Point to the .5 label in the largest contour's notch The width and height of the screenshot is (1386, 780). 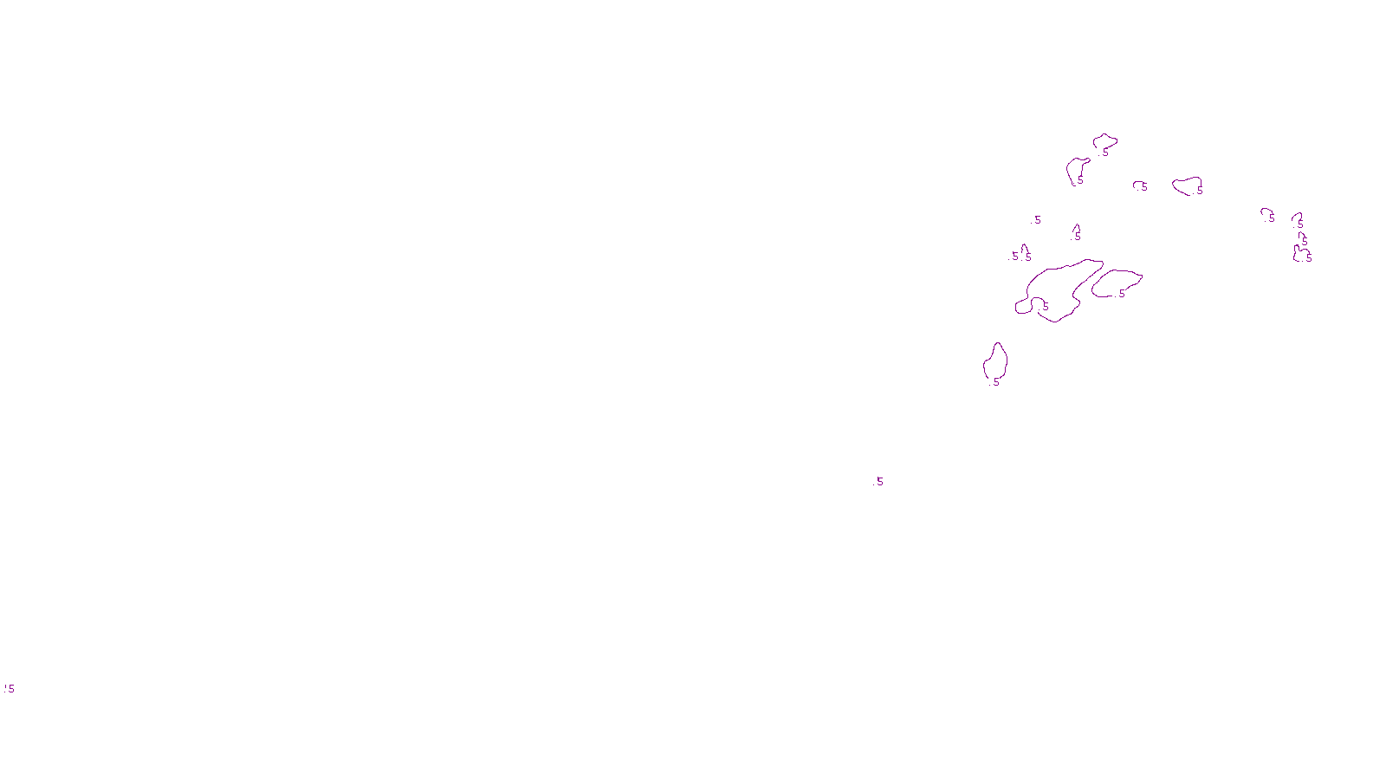pyautogui.click(x=1045, y=306)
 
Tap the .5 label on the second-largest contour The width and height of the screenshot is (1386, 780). pyautogui.click(x=1121, y=294)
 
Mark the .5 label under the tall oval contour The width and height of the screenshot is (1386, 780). pyautogui.click(x=995, y=382)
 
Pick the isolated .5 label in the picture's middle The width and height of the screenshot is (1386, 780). pyautogui.click(x=879, y=481)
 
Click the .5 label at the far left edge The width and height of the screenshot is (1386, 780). pyautogui.click(x=10, y=689)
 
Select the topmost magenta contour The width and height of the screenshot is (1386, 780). pyautogui.click(x=1104, y=140)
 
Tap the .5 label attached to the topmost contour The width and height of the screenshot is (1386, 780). pyautogui.click(x=1104, y=153)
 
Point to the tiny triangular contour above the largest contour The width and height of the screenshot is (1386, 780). pyautogui.click(x=1077, y=229)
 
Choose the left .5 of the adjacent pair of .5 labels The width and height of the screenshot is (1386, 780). pyautogui.click(x=1014, y=257)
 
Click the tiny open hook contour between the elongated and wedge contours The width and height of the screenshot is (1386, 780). pyautogui.click(x=1137, y=183)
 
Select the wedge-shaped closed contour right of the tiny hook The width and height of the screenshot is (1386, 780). pyautogui.click(x=1186, y=185)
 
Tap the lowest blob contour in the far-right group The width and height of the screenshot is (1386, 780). pyautogui.click(x=1300, y=254)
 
